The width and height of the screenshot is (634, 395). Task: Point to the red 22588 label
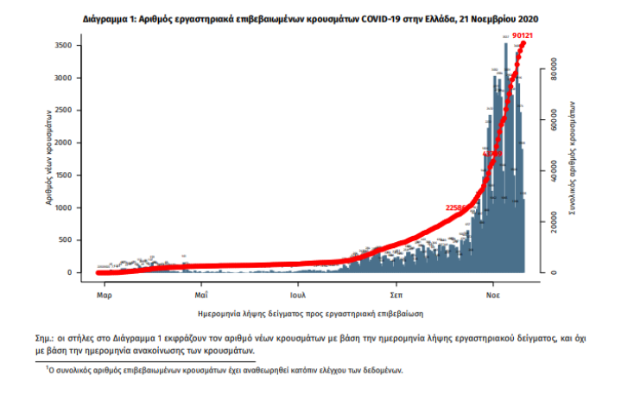coord(456,207)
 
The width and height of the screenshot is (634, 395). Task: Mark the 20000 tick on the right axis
coord(553,223)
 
